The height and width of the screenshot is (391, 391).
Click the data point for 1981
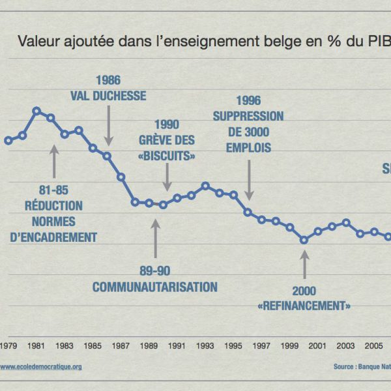pos(36,111)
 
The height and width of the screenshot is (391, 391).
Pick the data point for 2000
pos(304,240)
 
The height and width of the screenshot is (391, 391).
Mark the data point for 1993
pos(205,186)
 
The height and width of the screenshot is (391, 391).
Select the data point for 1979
pos(8,140)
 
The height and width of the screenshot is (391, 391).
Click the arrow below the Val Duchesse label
pos(108,124)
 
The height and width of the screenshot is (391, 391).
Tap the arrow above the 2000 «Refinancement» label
pos(304,264)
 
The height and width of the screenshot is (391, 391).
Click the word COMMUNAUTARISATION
pos(154,287)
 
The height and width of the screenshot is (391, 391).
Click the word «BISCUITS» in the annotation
pos(167,156)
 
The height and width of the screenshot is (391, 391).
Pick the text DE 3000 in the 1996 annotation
pos(248,132)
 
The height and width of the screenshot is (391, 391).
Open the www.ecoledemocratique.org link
pos(41,367)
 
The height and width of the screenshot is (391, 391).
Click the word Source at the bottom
pos(345,367)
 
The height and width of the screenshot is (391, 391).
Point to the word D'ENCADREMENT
pos(54,237)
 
